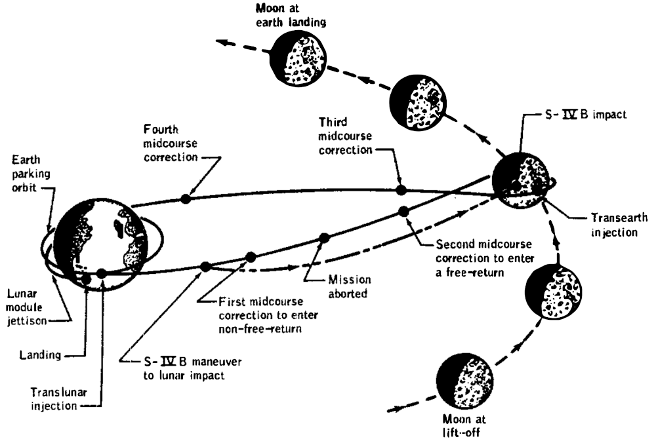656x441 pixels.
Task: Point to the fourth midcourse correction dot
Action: click(x=186, y=198)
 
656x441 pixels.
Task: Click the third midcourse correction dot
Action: click(x=401, y=190)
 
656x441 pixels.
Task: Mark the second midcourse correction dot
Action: click(x=404, y=210)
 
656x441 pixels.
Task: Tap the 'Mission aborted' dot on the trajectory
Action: click(x=323, y=238)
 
